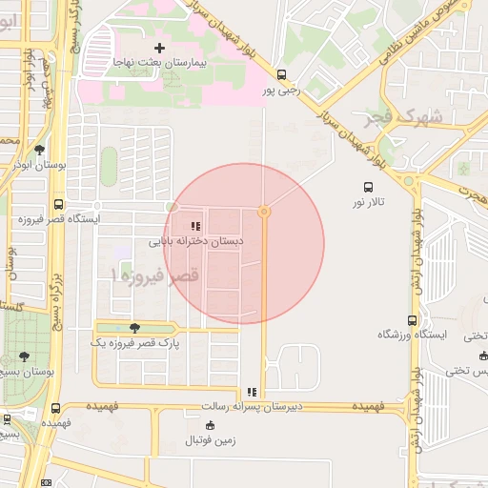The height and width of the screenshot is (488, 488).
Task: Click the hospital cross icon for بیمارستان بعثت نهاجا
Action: [159, 47]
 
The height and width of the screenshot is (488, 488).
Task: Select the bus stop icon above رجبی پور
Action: [281, 74]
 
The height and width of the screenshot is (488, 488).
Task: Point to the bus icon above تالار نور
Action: [369, 187]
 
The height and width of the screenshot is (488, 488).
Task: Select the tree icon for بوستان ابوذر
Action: [39, 150]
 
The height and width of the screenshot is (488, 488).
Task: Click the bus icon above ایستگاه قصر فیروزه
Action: [59, 204]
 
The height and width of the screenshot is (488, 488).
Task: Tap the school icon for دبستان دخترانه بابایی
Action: [195, 227]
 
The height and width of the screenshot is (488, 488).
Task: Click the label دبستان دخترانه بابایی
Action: [195, 242]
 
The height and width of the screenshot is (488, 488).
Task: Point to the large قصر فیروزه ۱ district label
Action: [154, 274]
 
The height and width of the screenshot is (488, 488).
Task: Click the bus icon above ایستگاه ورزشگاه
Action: [412, 320]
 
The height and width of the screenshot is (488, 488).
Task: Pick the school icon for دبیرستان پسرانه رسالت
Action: [251, 392]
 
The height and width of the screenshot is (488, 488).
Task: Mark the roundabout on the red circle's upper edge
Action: [264, 211]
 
